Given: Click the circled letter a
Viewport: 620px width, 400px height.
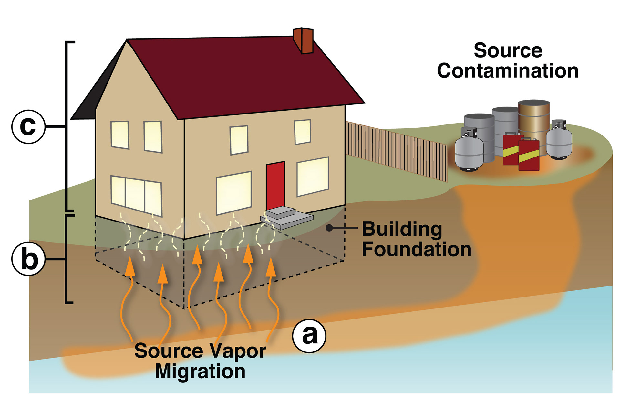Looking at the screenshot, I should click(x=309, y=336).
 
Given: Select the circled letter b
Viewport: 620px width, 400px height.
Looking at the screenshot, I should click(x=28, y=259).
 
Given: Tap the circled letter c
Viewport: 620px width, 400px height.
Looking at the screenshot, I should click(x=28, y=126).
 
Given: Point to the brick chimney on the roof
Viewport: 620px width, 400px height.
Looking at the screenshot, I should click(x=304, y=40).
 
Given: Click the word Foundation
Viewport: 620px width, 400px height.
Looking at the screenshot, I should click(x=416, y=249).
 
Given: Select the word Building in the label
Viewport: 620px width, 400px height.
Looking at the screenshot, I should click(x=402, y=229).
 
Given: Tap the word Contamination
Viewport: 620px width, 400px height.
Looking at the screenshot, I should click(x=507, y=71).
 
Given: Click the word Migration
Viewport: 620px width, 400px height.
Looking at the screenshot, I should click(x=200, y=371).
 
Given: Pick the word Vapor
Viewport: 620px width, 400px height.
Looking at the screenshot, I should click(x=238, y=351).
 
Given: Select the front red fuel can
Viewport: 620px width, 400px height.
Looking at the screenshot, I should click(x=529, y=155).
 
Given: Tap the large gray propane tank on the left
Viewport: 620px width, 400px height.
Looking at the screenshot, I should click(x=469, y=152).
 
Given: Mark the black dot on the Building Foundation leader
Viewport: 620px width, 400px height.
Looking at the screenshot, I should click(x=329, y=228).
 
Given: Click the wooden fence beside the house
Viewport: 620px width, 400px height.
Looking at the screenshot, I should click(x=397, y=149).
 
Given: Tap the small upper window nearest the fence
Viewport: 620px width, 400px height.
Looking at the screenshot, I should click(x=303, y=132).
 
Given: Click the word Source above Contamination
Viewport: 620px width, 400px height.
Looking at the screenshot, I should click(x=508, y=50).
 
